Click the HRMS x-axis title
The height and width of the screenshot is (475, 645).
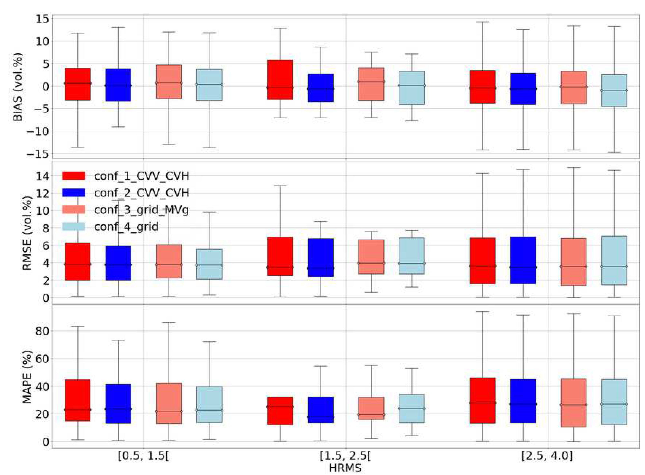(345, 468)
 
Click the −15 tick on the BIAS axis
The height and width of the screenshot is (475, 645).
(38, 154)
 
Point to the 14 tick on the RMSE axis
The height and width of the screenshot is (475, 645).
(42, 176)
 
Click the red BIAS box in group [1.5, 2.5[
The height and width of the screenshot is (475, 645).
(280, 80)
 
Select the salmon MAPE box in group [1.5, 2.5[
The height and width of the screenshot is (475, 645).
(371, 408)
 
